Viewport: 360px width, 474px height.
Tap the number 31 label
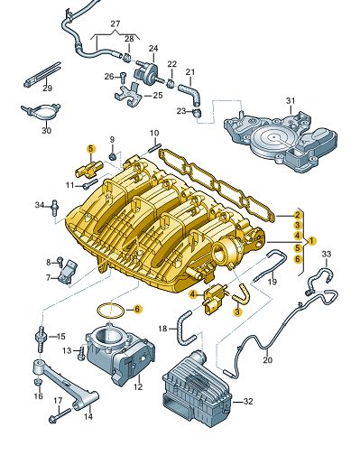click(291, 100)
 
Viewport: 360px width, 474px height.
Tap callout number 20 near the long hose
click(266, 360)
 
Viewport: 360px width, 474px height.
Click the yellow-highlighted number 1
click(310, 241)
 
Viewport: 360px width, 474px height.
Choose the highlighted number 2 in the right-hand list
click(295, 215)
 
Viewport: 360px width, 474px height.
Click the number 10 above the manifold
click(153, 133)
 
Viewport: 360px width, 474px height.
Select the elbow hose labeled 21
click(188, 90)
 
